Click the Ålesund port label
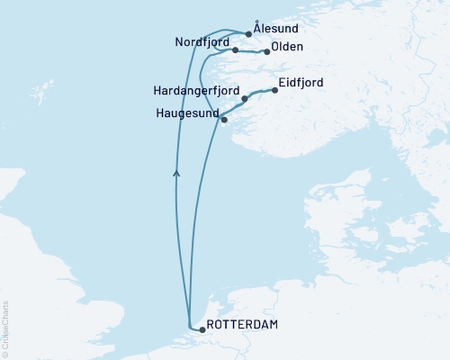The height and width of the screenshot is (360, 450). pos(277,29)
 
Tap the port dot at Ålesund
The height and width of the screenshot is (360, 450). pos(248,34)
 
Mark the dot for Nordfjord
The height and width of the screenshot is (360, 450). pos(235,50)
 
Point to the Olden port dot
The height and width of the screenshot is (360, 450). pos(266,52)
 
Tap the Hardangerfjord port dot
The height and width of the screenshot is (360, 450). pos(244,99)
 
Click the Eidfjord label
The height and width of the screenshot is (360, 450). pos(301,82)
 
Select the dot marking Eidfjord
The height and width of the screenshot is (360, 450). pos(274,90)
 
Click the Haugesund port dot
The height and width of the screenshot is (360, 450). pos(224,120)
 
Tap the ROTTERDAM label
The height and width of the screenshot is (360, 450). pos(241,324)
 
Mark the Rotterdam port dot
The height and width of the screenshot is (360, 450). pos(202,329)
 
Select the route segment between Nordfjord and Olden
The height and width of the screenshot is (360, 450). pos(251,52)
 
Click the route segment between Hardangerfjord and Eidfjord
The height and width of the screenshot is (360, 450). pos(259,93)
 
